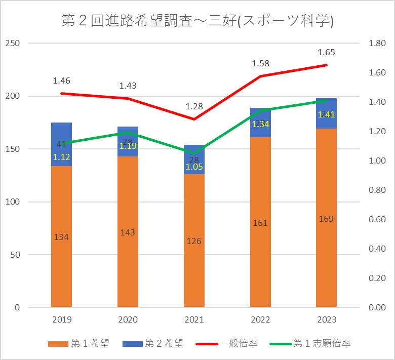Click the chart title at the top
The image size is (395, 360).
(197, 21)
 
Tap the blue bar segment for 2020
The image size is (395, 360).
(128, 137)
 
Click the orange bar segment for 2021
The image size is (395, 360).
(194, 263)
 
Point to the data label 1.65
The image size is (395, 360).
(326, 52)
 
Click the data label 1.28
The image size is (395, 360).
(194, 107)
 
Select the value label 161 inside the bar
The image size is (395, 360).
(260, 223)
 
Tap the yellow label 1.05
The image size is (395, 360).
(194, 166)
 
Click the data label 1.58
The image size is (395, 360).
(260, 64)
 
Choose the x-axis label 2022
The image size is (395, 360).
(260, 320)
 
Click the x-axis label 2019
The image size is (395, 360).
(61, 320)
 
